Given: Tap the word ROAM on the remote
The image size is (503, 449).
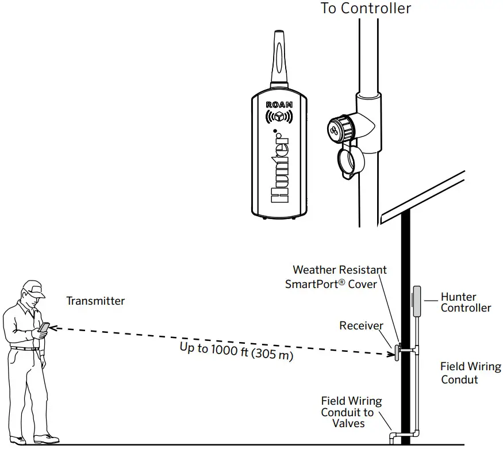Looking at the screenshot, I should (x=279, y=105).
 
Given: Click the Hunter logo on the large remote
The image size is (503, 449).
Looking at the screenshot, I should (x=280, y=166).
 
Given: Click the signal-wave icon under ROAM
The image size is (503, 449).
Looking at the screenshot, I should (x=279, y=117).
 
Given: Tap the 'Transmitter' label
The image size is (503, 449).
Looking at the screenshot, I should (x=95, y=301).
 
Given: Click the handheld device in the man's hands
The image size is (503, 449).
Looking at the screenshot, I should (x=44, y=328).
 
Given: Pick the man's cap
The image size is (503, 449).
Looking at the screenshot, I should (x=34, y=289).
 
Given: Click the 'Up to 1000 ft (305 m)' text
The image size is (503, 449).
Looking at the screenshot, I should (x=236, y=351).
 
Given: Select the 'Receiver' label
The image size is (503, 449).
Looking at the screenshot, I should (x=361, y=326).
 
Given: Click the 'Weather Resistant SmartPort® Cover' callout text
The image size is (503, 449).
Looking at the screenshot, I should (x=336, y=277).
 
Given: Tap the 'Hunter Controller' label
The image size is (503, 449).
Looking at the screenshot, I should (x=466, y=302).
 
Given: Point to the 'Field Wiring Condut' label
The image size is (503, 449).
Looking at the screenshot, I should (x=470, y=373).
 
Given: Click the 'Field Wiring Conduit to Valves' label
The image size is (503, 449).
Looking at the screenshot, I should (x=351, y=412).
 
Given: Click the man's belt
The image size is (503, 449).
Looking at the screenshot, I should (x=24, y=348).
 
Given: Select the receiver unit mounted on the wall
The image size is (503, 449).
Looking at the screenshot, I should (x=396, y=351).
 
